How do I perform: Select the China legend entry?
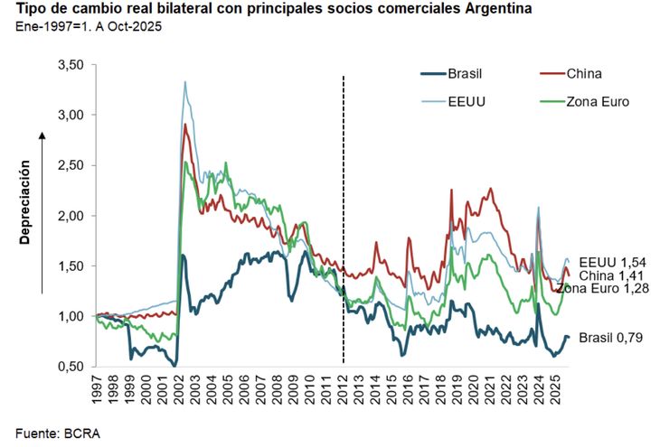click(583, 73)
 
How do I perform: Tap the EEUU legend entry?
click(467, 101)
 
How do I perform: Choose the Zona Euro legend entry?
click(598, 101)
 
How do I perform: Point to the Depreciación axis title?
click(26, 203)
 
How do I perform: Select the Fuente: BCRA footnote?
click(58, 433)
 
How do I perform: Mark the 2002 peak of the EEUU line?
click(185, 82)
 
